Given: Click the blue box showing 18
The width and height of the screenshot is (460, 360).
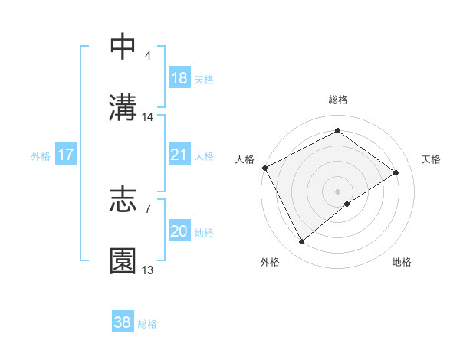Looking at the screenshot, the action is click(179, 78).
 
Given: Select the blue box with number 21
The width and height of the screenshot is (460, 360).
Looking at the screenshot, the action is click(179, 155).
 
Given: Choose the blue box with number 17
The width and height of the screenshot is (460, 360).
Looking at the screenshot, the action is click(66, 155).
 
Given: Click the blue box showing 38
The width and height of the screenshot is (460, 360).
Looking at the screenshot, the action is click(123, 323).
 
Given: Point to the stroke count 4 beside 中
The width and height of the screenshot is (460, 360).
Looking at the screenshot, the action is click(147, 56).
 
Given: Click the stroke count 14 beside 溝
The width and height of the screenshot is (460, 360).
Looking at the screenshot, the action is click(148, 117).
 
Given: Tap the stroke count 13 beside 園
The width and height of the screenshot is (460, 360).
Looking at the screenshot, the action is click(148, 270).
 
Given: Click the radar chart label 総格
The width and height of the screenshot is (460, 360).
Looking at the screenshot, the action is click(338, 100).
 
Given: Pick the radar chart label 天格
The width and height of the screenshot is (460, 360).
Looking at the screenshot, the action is click(432, 159).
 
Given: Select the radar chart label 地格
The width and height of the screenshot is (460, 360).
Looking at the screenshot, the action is click(402, 263).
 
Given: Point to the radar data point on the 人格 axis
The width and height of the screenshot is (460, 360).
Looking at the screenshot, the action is click(264, 168).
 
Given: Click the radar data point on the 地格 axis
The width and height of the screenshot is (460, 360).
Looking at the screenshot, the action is click(347, 204).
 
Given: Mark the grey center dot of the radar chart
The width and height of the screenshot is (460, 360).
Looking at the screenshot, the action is click(338, 191).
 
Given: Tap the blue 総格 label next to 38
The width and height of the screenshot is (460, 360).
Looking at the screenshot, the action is click(147, 324).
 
